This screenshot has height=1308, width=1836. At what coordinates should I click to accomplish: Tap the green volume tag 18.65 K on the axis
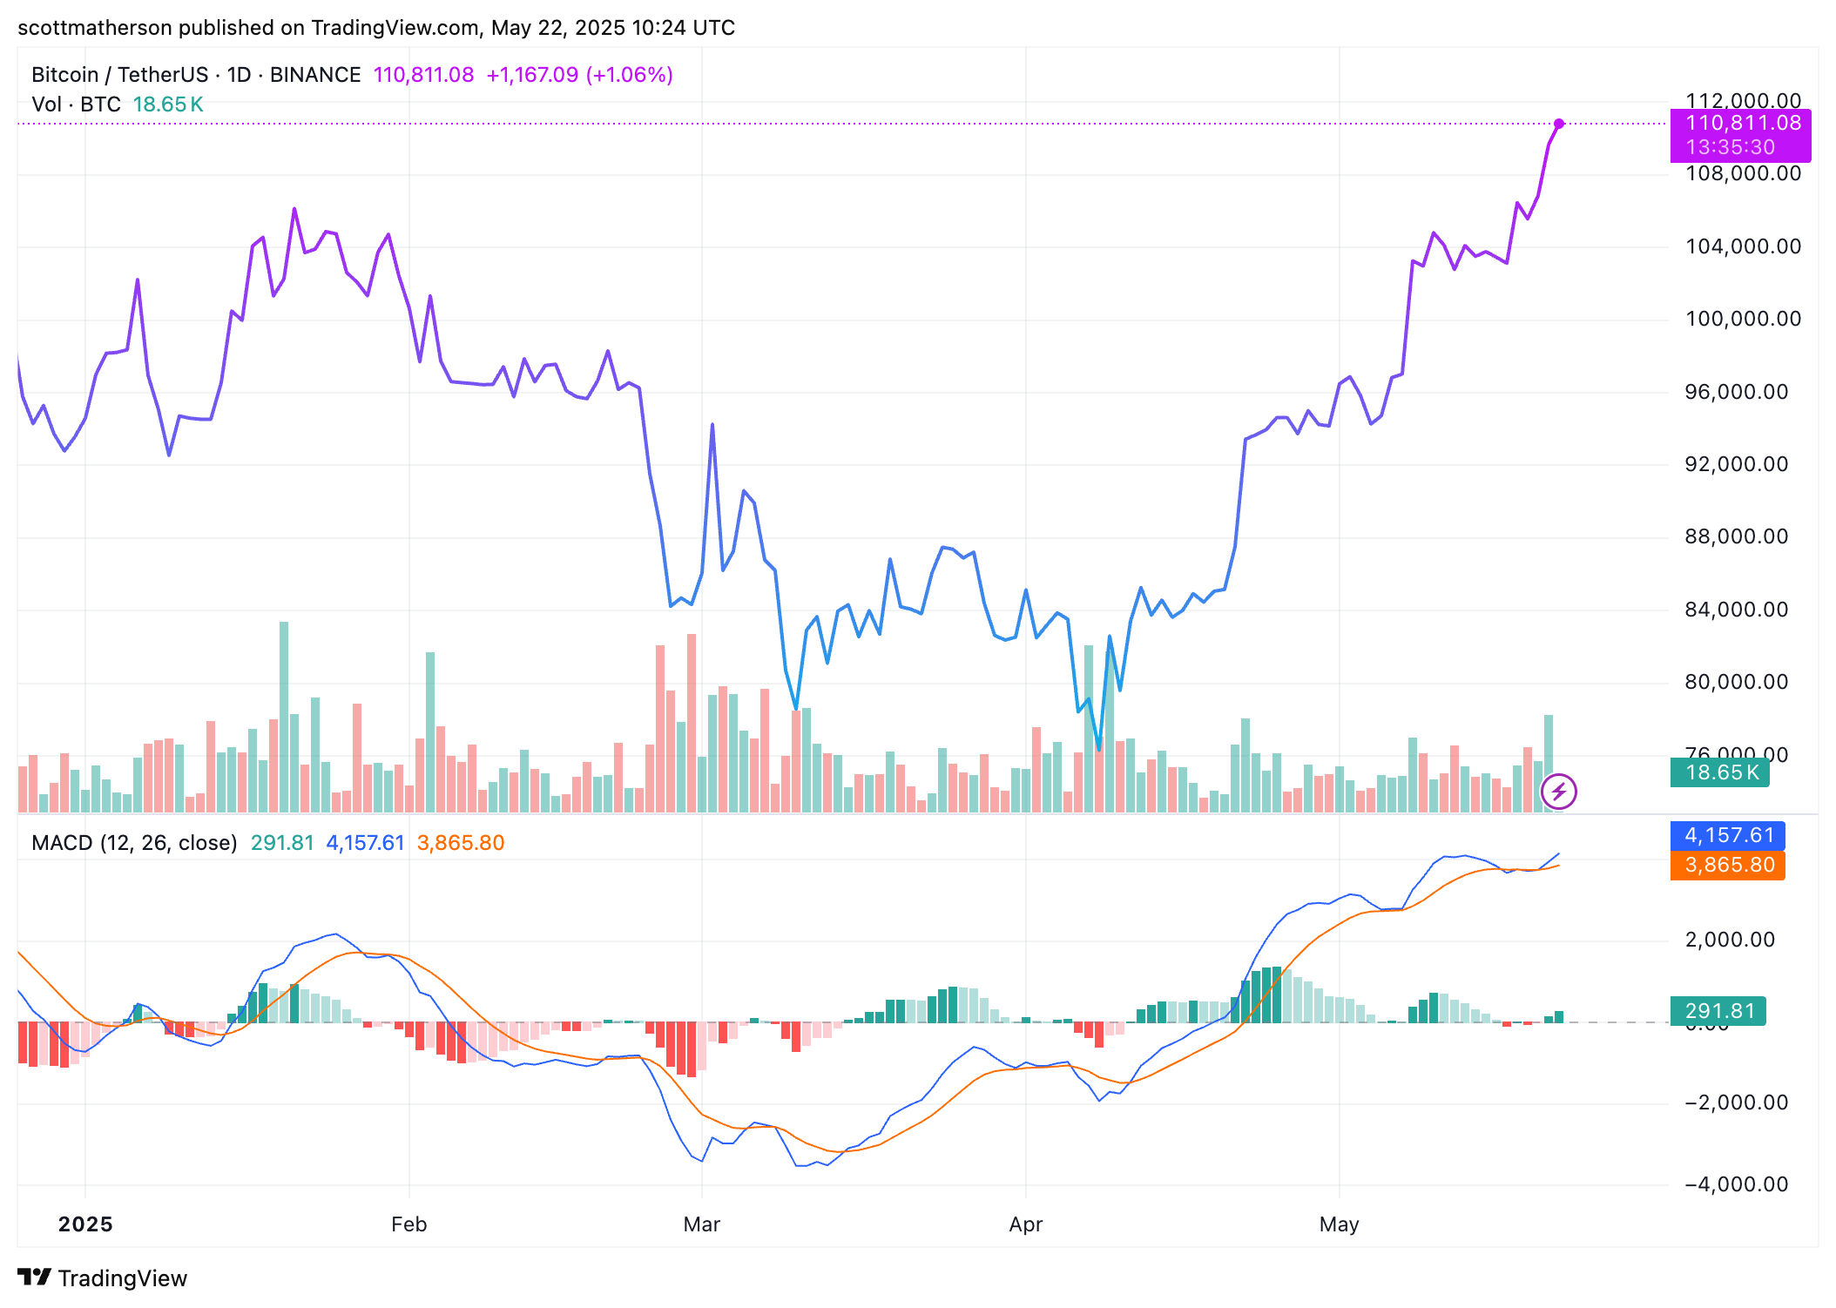click(1719, 772)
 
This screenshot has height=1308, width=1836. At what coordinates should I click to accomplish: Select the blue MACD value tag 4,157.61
click(1727, 836)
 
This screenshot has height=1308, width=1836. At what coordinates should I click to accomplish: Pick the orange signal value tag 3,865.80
click(1727, 866)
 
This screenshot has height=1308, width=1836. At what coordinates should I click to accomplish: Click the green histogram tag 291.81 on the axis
click(1718, 1011)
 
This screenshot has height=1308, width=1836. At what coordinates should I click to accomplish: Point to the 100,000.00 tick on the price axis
click(1743, 319)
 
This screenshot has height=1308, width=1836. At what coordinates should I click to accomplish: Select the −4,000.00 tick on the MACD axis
click(1736, 1184)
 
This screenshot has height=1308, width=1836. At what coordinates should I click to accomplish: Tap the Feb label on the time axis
click(408, 1224)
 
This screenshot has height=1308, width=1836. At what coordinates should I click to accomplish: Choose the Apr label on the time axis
click(1025, 1224)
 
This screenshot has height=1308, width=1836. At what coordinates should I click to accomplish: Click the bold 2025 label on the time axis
click(85, 1224)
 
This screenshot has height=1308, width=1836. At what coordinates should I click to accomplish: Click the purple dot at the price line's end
click(1559, 124)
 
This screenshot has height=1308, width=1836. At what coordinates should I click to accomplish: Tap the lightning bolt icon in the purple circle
click(1559, 792)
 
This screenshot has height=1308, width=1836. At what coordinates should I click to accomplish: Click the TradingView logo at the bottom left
click(102, 1278)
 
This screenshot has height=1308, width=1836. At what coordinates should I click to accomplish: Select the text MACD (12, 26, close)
click(134, 843)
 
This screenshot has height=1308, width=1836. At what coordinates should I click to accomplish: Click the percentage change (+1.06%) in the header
click(629, 75)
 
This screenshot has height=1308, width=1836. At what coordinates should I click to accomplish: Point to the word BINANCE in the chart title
click(315, 75)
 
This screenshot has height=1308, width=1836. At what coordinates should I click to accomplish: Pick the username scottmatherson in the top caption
click(95, 28)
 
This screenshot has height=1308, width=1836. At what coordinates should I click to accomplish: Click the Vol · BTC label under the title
click(76, 105)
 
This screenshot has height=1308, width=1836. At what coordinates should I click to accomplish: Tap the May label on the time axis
click(1339, 1224)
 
